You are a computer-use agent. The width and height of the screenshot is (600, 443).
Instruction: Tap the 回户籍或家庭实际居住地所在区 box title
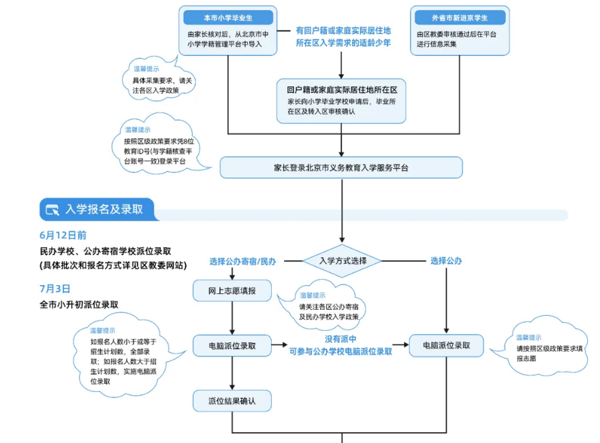tap(341, 89)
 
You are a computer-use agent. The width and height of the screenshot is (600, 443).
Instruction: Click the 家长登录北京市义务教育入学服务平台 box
tap(341, 167)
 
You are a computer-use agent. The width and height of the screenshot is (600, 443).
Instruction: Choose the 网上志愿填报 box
tap(232, 291)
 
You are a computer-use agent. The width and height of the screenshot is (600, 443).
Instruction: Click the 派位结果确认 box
tap(232, 401)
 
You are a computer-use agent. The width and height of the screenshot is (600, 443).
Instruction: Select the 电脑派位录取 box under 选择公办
tap(446, 345)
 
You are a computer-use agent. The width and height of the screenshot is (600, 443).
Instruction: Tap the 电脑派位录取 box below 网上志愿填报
tap(232, 346)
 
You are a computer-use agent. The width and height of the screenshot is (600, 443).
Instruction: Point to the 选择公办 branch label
tap(446, 261)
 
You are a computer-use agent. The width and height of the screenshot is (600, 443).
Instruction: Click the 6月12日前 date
tap(63, 235)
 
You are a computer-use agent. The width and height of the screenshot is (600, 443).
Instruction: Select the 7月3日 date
tap(54, 289)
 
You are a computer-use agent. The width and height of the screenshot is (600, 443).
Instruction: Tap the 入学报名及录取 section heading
tap(104, 210)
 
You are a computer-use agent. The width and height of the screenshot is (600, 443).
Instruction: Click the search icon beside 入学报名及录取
tap(52, 210)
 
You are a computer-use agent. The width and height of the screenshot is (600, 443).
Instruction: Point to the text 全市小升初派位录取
tap(79, 304)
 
